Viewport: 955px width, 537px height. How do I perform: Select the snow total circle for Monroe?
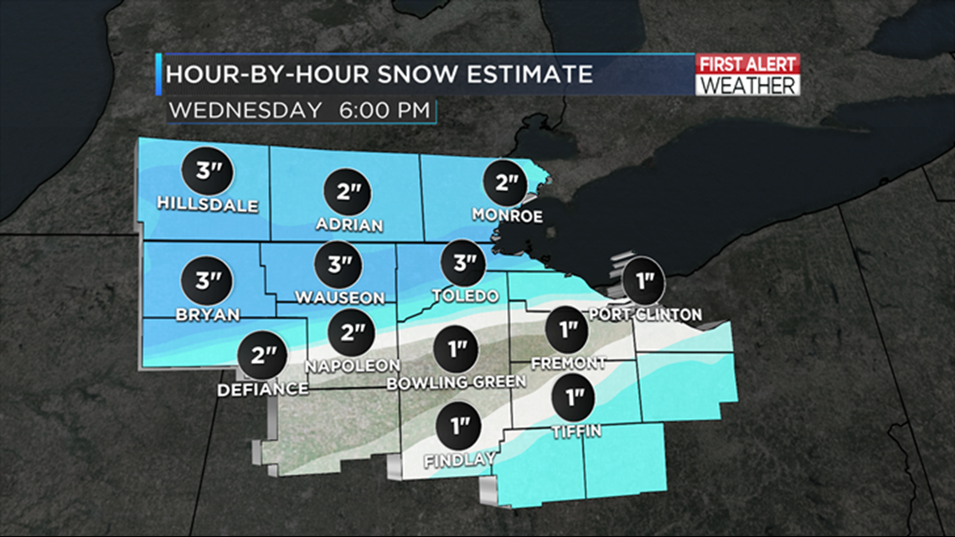click(x=507, y=182)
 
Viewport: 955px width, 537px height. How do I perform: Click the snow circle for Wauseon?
click(x=339, y=266)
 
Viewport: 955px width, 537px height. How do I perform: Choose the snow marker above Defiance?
click(x=262, y=355)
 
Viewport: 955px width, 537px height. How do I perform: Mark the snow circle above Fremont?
click(x=569, y=329)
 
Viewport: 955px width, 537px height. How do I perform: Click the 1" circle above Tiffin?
click(x=576, y=397)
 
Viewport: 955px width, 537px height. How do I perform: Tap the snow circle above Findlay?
click(x=459, y=427)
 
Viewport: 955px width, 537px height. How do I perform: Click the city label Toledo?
click(x=466, y=297)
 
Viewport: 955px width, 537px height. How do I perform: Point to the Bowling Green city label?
click(x=457, y=382)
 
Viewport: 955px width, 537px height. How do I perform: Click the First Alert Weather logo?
click(x=747, y=75)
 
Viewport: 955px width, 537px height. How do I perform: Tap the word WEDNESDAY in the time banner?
click(x=245, y=110)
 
